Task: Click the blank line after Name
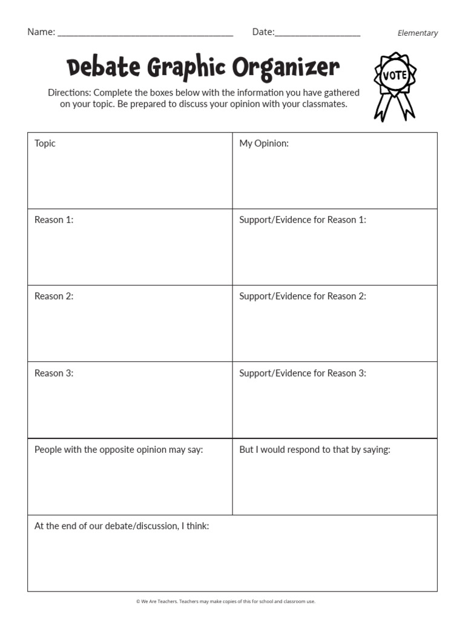coord(145,34)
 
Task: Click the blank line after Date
coord(317,34)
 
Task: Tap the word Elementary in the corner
coord(418,33)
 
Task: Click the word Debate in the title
coord(103,67)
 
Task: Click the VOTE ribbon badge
coord(395,85)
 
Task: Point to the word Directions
coord(69,93)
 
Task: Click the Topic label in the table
coord(45,143)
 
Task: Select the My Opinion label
coord(264,143)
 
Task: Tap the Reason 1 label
coord(54,220)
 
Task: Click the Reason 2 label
coord(54,296)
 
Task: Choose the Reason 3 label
coord(54,373)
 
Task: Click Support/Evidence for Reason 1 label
coord(303,220)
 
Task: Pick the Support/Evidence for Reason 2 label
coord(303,296)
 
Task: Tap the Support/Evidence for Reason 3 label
coord(303,373)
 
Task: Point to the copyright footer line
coord(226,601)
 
